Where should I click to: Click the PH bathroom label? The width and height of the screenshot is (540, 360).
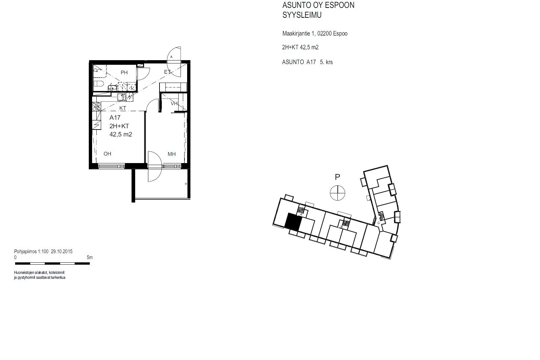(124, 73)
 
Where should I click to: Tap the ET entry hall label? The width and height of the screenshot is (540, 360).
(167, 72)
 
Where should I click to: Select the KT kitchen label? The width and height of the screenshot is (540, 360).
(123, 108)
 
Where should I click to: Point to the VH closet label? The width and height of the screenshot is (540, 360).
(174, 104)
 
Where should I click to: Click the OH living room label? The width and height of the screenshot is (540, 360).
(107, 154)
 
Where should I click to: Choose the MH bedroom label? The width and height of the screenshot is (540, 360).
(172, 154)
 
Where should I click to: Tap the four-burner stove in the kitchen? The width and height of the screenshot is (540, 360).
(96, 107)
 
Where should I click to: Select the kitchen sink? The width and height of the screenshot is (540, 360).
(121, 97)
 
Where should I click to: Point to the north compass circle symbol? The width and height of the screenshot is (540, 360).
(337, 193)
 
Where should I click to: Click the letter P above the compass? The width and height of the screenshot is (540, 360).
(337, 177)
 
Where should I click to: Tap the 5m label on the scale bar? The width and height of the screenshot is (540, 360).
(90, 257)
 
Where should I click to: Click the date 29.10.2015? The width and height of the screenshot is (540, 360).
(62, 252)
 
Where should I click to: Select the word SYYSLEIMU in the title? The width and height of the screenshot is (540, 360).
(302, 15)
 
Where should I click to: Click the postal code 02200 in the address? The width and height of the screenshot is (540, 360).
(325, 34)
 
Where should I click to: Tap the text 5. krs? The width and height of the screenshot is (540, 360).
(327, 62)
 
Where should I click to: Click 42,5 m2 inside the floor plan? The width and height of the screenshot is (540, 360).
(121, 134)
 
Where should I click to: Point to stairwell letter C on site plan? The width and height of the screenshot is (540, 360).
(379, 223)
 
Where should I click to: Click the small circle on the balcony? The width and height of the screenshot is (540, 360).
(186, 184)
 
